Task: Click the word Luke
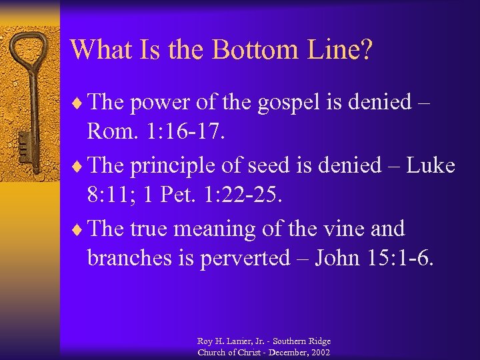point(429,165)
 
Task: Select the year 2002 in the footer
point(320,352)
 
